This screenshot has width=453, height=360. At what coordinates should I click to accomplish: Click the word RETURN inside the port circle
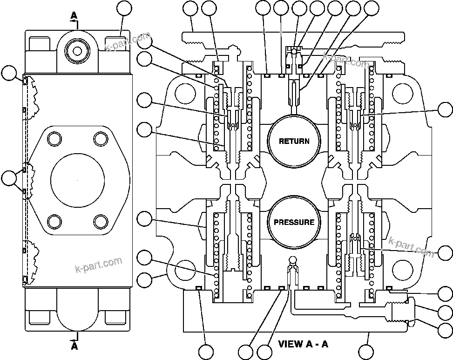tap(293, 141)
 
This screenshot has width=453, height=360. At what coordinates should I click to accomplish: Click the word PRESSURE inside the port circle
tap(293, 222)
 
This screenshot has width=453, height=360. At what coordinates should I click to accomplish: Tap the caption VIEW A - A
tap(303, 345)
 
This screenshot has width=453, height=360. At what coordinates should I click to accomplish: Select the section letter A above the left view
tap(74, 15)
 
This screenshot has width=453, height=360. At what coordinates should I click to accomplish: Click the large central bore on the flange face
tap(77, 179)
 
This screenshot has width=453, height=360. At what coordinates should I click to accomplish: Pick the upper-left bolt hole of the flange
tap(55, 138)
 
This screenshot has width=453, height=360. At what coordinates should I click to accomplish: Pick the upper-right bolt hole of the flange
tap(100, 138)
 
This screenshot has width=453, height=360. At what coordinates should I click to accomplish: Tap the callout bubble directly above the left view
tap(124, 8)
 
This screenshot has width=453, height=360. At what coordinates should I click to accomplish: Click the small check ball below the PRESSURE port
tap(292, 259)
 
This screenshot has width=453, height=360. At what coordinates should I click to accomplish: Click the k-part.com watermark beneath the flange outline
tap(98, 265)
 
